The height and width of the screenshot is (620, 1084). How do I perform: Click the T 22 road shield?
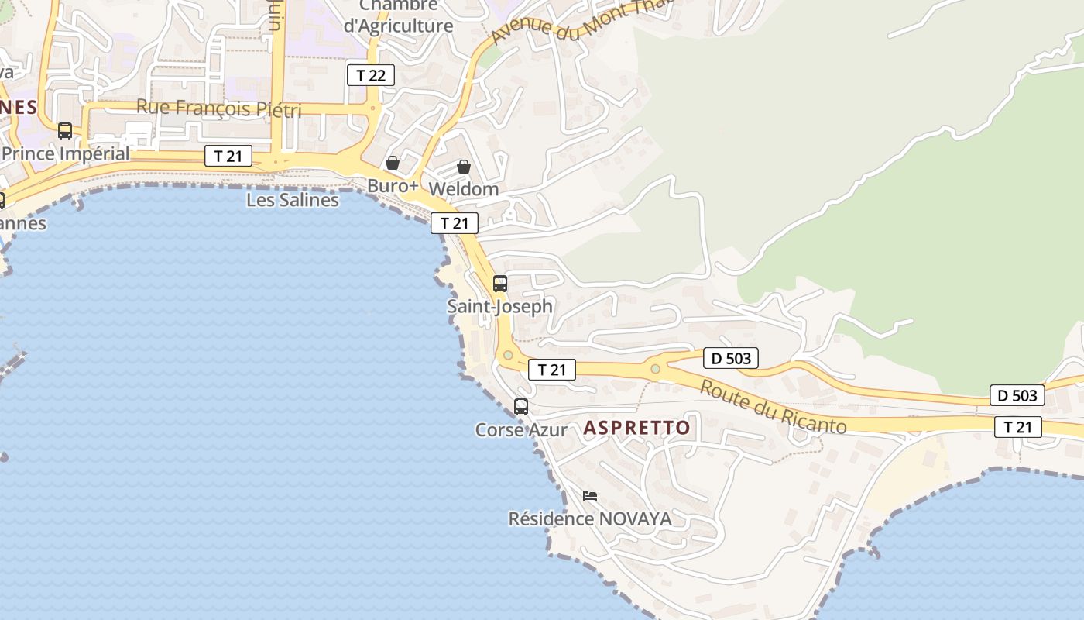(x=371, y=75)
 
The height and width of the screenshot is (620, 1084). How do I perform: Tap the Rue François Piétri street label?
(x=219, y=108)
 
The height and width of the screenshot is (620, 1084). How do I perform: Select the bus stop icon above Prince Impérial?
(x=65, y=131)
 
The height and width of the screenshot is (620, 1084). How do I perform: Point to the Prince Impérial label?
(x=65, y=153)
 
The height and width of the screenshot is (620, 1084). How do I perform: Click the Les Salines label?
(x=293, y=200)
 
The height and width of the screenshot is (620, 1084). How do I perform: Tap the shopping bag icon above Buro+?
(x=393, y=163)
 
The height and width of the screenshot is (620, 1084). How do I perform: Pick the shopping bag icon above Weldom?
(x=463, y=167)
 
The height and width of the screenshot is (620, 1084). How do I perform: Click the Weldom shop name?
(x=463, y=189)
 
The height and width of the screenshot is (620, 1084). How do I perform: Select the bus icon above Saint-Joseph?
(x=500, y=284)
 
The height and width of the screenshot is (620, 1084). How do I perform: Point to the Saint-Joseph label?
(x=500, y=306)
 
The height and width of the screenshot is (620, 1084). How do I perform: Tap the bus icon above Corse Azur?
(x=521, y=407)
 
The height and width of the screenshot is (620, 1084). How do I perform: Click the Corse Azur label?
(x=521, y=429)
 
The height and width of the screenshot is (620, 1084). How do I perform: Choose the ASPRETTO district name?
(x=636, y=428)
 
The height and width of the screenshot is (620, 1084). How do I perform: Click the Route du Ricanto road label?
(x=773, y=407)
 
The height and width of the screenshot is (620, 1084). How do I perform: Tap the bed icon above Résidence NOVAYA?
(x=590, y=496)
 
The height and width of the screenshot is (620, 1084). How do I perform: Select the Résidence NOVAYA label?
(x=590, y=518)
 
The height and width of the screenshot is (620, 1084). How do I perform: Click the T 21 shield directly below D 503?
(x=1017, y=426)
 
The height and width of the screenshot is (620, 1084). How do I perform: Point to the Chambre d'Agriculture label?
(x=398, y=15)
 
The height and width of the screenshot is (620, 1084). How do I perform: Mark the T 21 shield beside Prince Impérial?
(x=228, y=156)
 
